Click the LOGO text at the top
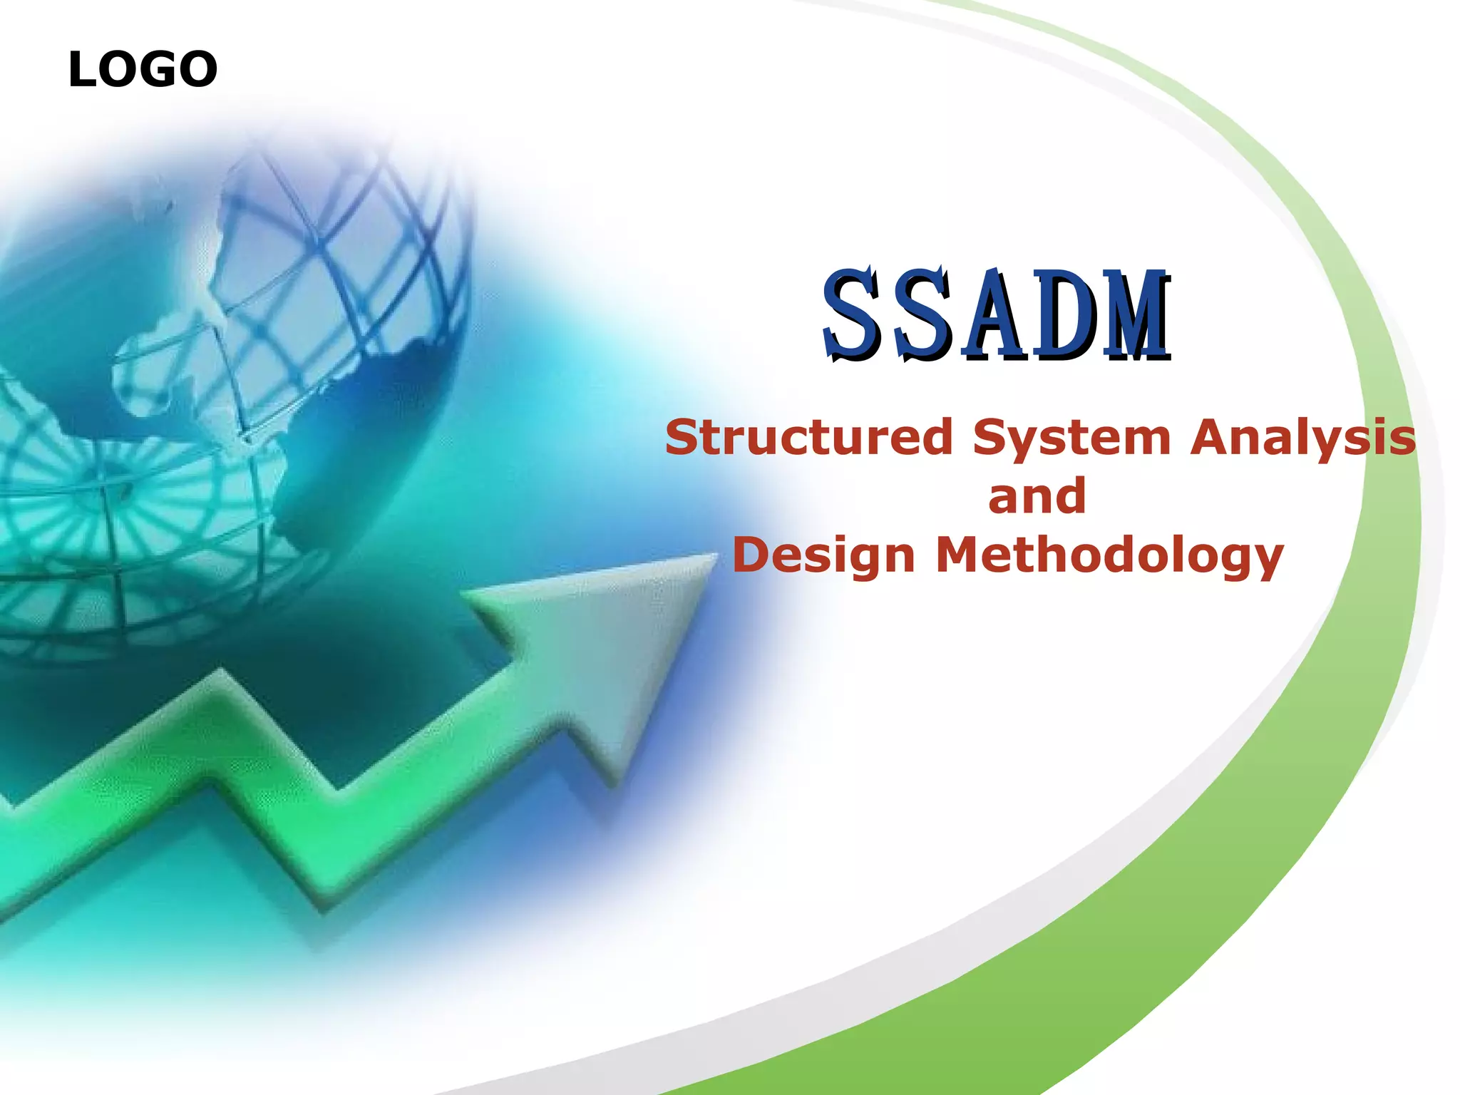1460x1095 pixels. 143,70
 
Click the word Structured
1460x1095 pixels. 808,437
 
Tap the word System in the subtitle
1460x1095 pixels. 1071,438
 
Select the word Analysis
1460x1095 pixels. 1303,438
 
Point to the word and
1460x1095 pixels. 1037,496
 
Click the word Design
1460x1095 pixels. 823,557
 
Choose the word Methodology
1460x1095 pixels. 1109,557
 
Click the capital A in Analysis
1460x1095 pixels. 1211,437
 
